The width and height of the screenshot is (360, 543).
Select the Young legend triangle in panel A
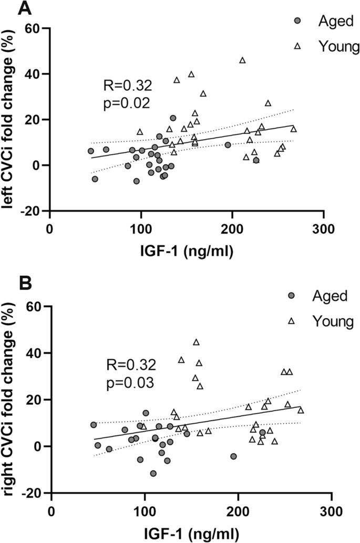point(297,46)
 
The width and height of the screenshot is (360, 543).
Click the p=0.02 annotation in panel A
point(126,102)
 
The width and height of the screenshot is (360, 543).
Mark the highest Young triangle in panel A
point(242,60)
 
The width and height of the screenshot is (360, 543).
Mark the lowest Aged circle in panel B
point(153,473)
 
